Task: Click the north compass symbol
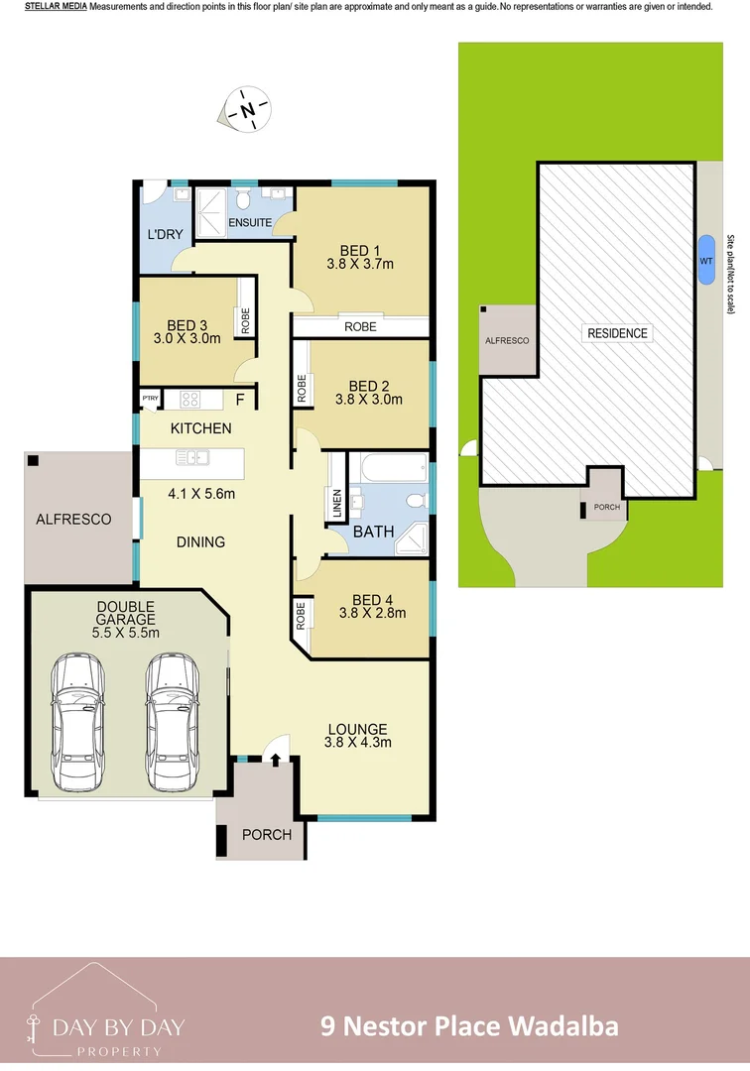249,109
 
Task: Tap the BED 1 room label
360,250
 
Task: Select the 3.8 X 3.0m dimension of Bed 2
369,401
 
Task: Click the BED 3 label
187,325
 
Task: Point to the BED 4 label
372,599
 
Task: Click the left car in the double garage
78,721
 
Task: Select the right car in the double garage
172,721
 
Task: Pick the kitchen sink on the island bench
190,457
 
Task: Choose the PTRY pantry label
150,399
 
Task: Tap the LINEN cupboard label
336,504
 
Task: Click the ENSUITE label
250,222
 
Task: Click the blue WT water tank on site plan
705,260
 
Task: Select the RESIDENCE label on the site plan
617,333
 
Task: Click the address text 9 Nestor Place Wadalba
469,1025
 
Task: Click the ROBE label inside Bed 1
359,326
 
